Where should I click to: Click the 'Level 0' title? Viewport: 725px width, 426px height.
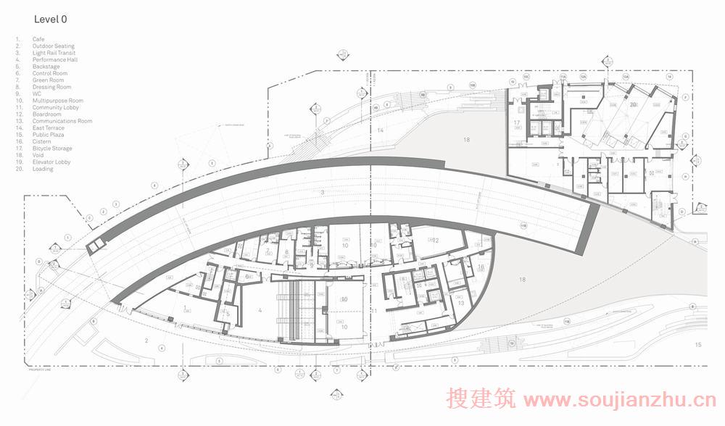pyautogui.click(x=50, y=20)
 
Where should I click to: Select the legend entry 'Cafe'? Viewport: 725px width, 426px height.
pyautogui.click(x=38, y=38)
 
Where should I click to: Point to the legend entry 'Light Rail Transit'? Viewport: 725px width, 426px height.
pyautogui.click(x=54, y=53)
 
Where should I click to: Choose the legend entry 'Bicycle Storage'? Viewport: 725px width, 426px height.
pyautogui.click(x=52, y=149)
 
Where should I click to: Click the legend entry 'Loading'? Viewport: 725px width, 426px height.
pyautogui.click(x=43, y=169)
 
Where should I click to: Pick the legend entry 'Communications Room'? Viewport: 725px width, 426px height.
pyautogui.click(x=62, y=121)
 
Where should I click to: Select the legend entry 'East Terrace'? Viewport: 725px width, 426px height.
pyautogui.click(x=49, y=128)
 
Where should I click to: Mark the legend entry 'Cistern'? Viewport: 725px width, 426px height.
pyautogui.click(x=41, y=141)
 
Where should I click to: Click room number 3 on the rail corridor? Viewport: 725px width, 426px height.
pyautogui.click(x=322, y=193)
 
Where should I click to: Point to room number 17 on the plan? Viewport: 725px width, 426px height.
pyautogui.click(x=518, y=124)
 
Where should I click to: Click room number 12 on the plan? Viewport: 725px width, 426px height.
pyautogui.click(x=436, y=240)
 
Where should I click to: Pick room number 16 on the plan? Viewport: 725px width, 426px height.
pyautogui.click(x=481, y=267)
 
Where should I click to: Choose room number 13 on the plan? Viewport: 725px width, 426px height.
pyautogui.click(x=460, y=302)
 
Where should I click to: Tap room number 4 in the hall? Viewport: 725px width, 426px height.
pyautogui.click(x=260, y=310)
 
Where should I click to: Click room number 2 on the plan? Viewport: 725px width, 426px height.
pyautogui.click(x=146, y=340)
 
